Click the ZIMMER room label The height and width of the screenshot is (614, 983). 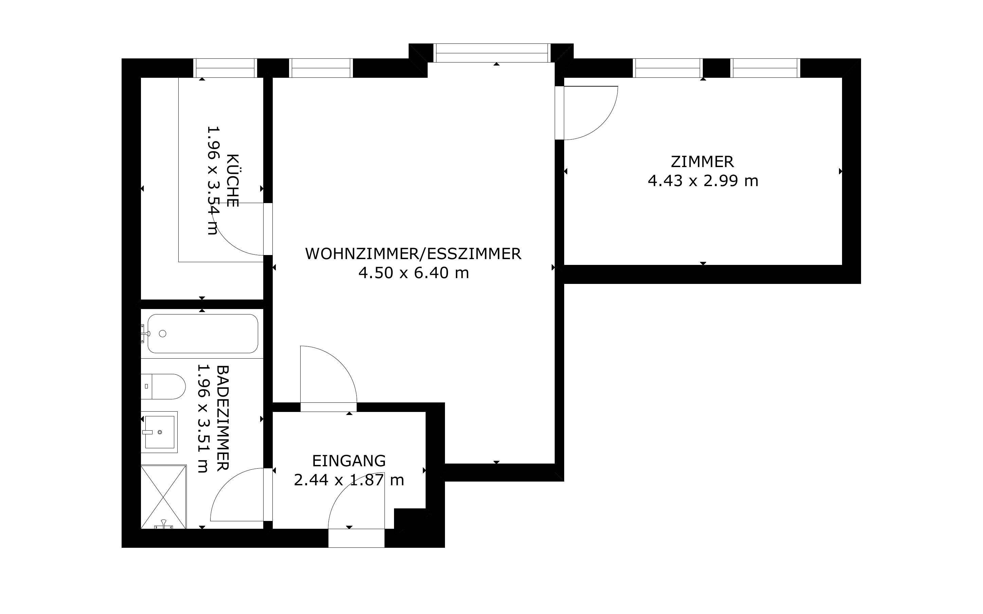[x=702, y=162]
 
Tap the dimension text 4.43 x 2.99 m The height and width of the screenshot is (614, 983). [x=703, y=181]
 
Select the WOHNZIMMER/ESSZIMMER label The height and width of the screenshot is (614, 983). [x=413, y=254]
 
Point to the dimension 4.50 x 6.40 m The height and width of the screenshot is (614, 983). [x=413, y=272]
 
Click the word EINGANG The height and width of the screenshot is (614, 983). [x=349, y=461]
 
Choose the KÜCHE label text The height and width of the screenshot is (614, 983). [x=232, y=180]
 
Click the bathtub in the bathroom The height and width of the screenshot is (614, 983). [x=202, y=333]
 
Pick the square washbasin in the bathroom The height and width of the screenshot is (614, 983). [x=160, y=432]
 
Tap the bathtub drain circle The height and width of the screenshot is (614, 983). [x=163, y=333]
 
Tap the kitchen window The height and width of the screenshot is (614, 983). [x=225, y=68]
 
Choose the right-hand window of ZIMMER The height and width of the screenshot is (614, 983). [x=765, y=68]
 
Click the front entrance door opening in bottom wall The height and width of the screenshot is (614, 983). [x=356, y=538]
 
